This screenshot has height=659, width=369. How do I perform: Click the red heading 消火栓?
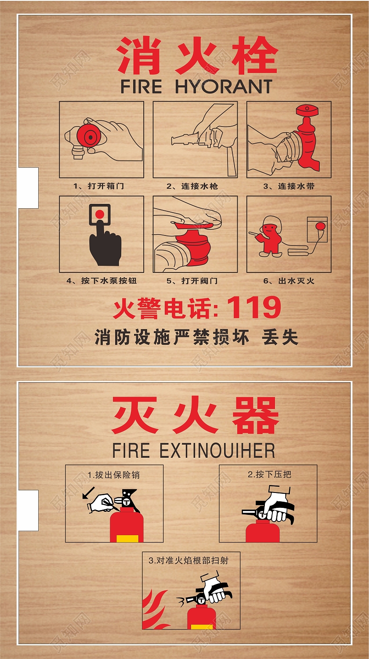(x=197, y=56)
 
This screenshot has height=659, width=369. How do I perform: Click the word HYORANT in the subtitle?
(x=224, y=87)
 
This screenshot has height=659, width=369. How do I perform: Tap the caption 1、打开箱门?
(x=99, y=186)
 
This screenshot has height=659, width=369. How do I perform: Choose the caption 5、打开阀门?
(x=193, y=281)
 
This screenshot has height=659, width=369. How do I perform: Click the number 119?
(x=253, y=308)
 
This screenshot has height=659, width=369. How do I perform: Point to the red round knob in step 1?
(x=91, y=138)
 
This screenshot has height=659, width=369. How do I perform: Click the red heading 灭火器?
(x=195, y=416)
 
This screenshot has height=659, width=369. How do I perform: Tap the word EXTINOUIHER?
(x=217, y=451)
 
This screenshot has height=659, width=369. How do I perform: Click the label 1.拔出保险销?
(x=114, y=475)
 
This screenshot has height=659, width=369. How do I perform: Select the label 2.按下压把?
(x=269, y=474)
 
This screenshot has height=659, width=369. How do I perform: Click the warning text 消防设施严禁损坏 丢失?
(x=196, y=337)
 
